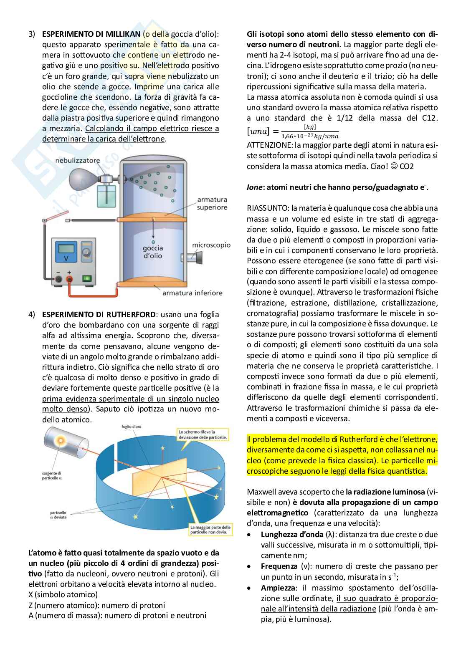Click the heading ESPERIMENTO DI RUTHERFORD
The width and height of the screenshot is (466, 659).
[99, 314]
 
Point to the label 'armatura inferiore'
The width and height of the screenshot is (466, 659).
[192, 293]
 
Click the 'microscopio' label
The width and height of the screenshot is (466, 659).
[211, 245]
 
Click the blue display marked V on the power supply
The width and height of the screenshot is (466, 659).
[65, 253]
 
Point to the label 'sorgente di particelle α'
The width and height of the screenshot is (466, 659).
[52, 475]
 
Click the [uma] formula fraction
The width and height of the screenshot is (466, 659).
[309, 131]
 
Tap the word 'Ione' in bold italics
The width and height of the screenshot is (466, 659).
[254, 187]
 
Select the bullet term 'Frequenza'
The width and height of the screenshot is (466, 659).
[279, 566]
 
